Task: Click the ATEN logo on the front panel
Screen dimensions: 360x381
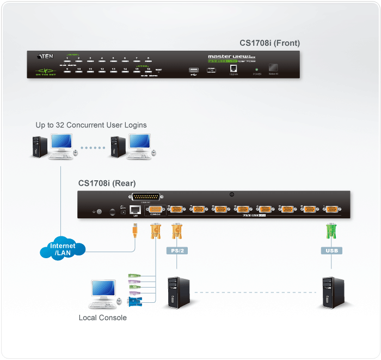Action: coord(45,56)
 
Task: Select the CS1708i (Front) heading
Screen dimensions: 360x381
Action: coord(269,43)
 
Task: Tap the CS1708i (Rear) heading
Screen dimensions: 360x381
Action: coord(107,183)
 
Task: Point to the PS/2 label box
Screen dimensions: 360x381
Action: coord(176,251)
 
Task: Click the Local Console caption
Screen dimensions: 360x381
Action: coord(103,318)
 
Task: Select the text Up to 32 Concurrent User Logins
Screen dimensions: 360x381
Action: coord(91,125)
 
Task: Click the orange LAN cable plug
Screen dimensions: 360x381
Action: coord(135,231)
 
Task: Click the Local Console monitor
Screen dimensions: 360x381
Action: coord(102,291)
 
